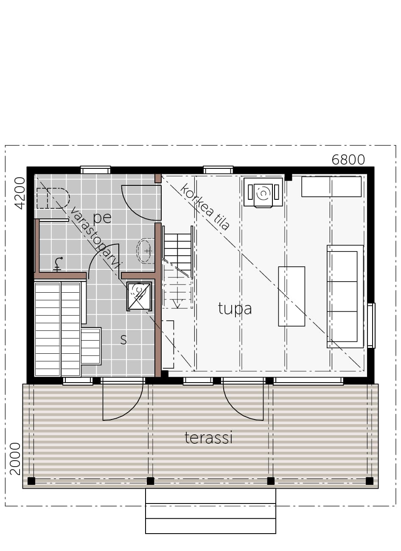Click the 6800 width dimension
348,160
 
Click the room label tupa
235,309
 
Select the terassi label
208,438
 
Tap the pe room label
102,218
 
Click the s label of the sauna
123,339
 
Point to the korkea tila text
205,207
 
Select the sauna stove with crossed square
139,296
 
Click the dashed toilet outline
53,198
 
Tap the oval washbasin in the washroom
146,251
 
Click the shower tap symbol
58,264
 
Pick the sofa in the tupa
345,296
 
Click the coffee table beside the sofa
292,296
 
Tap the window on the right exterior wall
371,326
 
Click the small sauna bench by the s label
91,347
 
